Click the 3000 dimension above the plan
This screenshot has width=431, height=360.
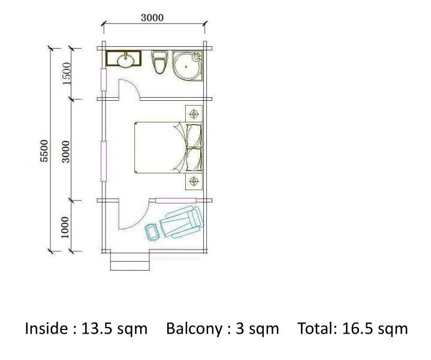(x=152, y=17)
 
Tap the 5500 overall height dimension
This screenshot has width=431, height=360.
(x=44, y=151)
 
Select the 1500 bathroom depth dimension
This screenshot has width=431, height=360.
(x=67, y=73)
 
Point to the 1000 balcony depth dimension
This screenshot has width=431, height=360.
(x=65, y=227)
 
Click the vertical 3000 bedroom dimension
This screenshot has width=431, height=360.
(x=66, y=152)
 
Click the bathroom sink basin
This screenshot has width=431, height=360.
(x=126, y=60)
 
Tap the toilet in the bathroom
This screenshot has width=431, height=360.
(x=159, y=62)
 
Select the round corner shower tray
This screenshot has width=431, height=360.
(x=188, y=66)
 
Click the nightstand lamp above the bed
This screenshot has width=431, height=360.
(x=194, y=113)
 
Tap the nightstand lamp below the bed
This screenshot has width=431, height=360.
(x=194, y=181)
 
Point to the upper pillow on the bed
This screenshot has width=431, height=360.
(x=194, y=136)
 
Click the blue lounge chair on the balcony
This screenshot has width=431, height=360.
(x=182, y=222)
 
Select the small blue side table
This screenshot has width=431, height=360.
(x=152, y=233)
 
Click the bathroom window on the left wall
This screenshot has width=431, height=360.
(x=104, y=80)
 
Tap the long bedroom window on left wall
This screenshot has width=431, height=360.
(x=104, y=161)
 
